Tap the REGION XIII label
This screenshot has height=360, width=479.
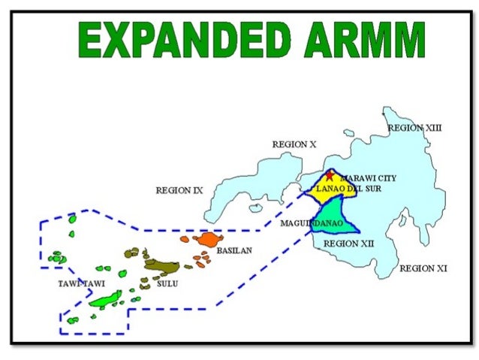pos(414,128)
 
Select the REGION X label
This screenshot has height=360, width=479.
pos(294,144)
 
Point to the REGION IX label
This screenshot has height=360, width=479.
pos(179,190)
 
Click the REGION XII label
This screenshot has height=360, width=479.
pos(348,244)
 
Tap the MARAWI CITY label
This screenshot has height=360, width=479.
pos(368,178)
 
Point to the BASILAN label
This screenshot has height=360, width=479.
pos(233,250)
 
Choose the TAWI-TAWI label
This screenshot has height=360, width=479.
pos(81,283)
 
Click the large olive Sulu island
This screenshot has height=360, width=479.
pos(160,265)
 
